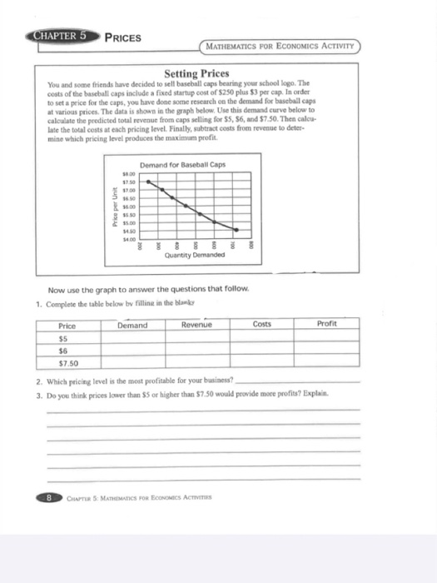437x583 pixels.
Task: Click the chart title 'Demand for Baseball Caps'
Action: tap(182, 164)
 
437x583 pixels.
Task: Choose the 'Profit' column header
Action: tap(328, 326)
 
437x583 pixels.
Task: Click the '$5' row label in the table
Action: tap(63, 340)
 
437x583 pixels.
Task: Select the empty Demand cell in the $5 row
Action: tap(134, 340)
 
